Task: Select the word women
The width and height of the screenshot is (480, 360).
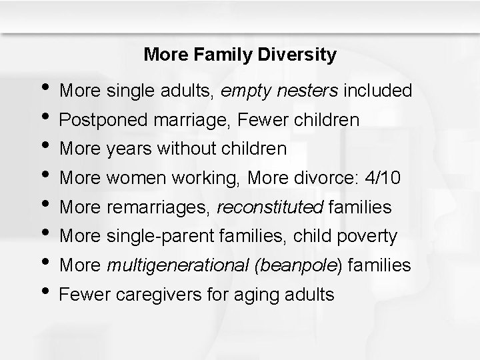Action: point(130,178)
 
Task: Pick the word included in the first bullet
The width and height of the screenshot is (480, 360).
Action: point(377,90)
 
